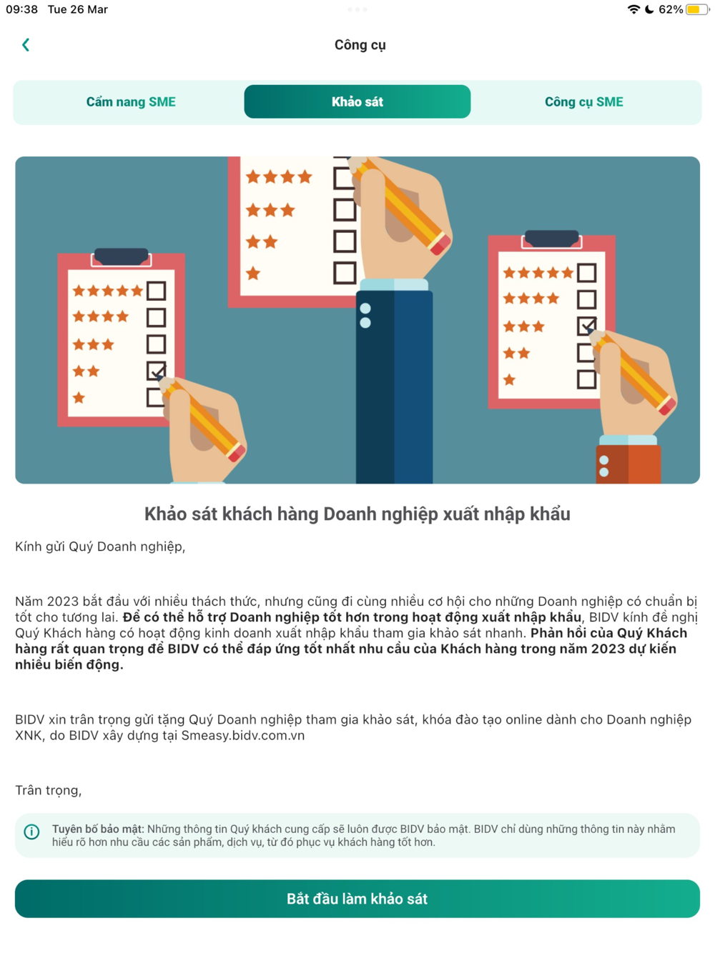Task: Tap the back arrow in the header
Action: coord(26,45)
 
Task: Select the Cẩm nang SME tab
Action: coord(131,102)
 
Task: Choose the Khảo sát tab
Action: coord(357,101)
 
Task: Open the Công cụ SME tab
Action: coord(584,102)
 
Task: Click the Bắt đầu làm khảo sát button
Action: coord(357,898)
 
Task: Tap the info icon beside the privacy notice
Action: coord(31,832)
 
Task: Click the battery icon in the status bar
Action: coord(697,9)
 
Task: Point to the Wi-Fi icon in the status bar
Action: coord(633,9)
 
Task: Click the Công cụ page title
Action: coord(360,45)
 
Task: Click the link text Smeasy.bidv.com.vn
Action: coord(243,736)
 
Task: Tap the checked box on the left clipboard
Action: coord(156,371)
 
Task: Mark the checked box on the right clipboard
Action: coord(586,326)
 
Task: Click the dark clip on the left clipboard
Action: coord(122,256)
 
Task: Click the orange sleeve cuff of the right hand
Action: coord(628,464)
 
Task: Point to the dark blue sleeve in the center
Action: coord(394,387)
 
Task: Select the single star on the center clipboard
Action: coord(253,274)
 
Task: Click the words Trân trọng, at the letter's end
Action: coord(48,790)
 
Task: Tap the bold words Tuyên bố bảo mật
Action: coord(97,829)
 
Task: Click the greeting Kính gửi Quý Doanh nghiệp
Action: coord(100,547)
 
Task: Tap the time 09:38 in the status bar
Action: coord(21,9)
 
